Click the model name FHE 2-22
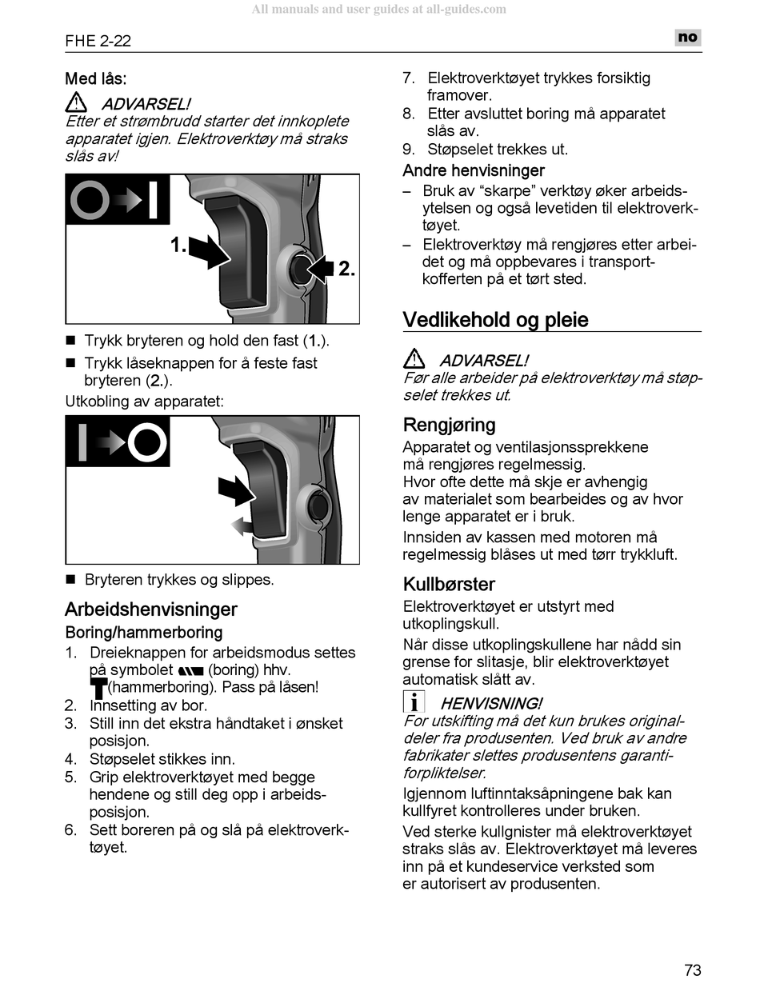(x=98, y=41)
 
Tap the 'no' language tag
(x=687, y=37)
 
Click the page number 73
(x=693, y=970)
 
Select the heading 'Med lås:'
(x=96, y=79)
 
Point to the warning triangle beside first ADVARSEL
(x=77, y=103)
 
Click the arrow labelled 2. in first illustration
(x=321, y=269)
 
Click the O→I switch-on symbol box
(x=118, y=200)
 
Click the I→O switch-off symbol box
(x=118, y=441)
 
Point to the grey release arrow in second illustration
(x=245, y=525)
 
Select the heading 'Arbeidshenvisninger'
(x=151, y=609)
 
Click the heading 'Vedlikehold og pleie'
(x=495, y=320)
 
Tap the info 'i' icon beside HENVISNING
(x=414, y=703)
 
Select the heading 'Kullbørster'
(x=449, y=584)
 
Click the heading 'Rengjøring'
(x=449, y=425)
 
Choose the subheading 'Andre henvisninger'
(x=474, y=170)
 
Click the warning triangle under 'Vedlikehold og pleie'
(x=414, y=359)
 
